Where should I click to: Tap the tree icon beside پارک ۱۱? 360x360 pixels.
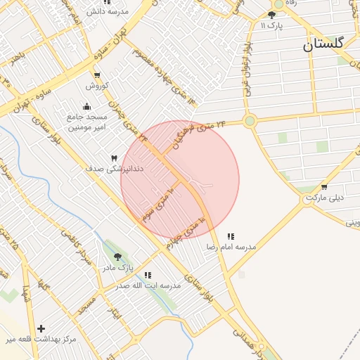[x=272, y=14]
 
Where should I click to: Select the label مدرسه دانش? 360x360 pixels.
[x=106, y=12]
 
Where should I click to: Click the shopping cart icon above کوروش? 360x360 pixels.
[x=96, y=75]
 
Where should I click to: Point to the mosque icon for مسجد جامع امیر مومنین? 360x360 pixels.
[x=86, y=106]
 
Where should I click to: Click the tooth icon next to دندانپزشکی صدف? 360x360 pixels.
[x=114, y=158]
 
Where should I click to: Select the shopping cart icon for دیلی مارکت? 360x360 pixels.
[x=324, y=187]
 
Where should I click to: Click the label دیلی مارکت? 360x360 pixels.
[x=324, y=198]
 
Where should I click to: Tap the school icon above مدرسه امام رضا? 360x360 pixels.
[x=231, y=236]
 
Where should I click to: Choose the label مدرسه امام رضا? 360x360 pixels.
[x=231, y=247]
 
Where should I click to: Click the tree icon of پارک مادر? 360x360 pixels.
[x=117, y=257]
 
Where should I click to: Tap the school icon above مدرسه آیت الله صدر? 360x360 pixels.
[x=148, y=275]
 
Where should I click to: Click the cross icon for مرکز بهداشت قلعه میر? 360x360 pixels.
[x=41, y=328]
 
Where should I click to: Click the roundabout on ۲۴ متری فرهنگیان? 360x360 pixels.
[x=250, y=121]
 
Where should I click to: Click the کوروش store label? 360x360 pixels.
[x=96, y=86]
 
